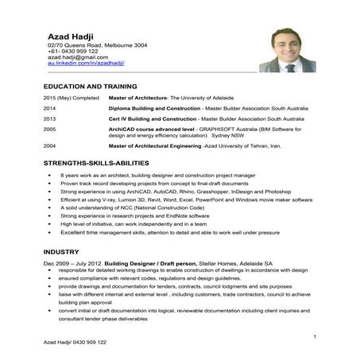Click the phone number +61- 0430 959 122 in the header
pyautogui.click(x=72, y=52)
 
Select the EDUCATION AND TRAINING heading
pyautogui.click(x=90, y=85)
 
